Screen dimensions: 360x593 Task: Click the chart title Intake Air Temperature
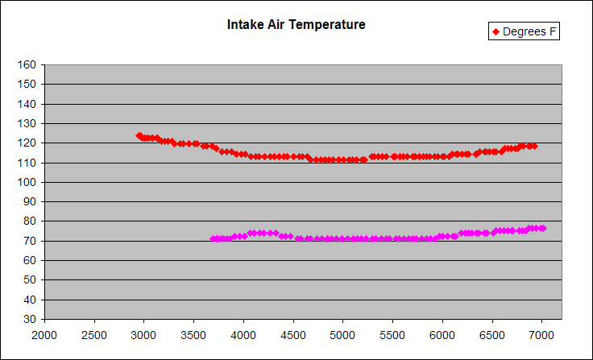[296, 25]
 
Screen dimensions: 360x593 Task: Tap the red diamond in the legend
[496, 32]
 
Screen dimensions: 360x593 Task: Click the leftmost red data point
[139, 136]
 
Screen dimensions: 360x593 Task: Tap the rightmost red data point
[533, 146]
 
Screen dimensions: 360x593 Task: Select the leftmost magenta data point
[214, 238]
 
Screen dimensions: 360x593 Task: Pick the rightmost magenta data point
[542, 228]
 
